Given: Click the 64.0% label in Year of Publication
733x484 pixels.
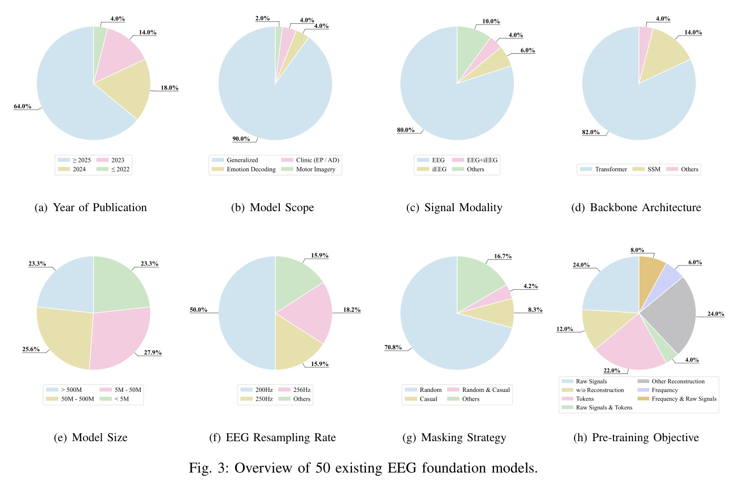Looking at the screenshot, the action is (x=22, y=107).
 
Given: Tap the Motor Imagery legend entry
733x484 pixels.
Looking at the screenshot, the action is (x=308, y=169).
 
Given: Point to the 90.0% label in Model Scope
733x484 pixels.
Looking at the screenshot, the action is (x=241, y=139).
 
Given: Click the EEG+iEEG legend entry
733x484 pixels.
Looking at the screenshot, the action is (x=475, y=160).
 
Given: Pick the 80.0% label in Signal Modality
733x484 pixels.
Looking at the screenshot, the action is (x=406, y=130).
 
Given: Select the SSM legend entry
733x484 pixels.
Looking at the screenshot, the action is (x=647, y=169).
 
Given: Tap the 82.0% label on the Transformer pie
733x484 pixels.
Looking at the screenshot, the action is (x=591, y=132).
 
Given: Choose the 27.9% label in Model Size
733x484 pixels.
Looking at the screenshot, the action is (x=153, y=353).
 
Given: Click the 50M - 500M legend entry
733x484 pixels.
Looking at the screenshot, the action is (x=70, y=399).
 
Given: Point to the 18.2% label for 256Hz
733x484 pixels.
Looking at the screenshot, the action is (x=352, y=310).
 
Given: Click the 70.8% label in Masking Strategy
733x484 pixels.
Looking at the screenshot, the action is (x=393, y=347).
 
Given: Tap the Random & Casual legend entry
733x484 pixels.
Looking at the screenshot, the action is (x=479, y=390).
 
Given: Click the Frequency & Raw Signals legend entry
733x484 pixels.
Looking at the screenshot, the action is (x=677, y=398).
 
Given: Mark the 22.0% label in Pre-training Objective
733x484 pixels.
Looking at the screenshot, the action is (x=612, y=370).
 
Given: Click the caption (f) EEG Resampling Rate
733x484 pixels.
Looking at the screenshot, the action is (x=272, y=438).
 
